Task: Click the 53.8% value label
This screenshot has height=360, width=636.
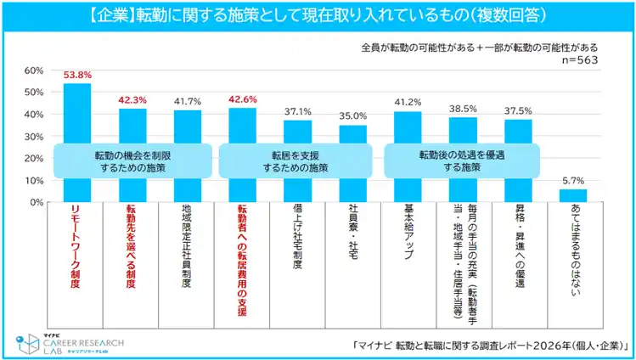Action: click(x=77, y=75)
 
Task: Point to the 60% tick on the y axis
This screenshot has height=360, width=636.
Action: click(x=34, y=70)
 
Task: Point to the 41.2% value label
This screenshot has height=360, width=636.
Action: click(x=408, y=104)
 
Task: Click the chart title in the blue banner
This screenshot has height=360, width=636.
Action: click(x=318, y=15)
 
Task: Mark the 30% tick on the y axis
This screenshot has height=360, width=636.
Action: click(x=34, y=137)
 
